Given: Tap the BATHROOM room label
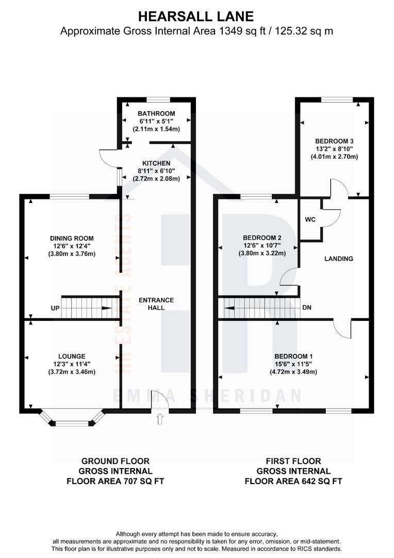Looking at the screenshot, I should click(156, 113).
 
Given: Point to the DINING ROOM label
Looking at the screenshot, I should click(72, 238).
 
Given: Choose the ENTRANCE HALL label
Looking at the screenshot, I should click(156, 304).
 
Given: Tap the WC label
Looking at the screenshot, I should click(310, 220).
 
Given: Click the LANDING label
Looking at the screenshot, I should click(339, 258).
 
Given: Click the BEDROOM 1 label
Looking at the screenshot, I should click(293, 357).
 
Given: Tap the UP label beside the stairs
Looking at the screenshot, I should click(55, 308).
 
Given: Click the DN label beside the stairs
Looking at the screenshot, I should click(307, 308).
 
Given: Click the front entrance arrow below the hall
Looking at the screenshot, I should click(159, 419).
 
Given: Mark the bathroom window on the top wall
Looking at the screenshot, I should click(157, 99).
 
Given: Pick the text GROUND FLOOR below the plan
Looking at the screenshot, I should click(116, 461).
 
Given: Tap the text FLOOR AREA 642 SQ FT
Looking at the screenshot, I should click(293, 481).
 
